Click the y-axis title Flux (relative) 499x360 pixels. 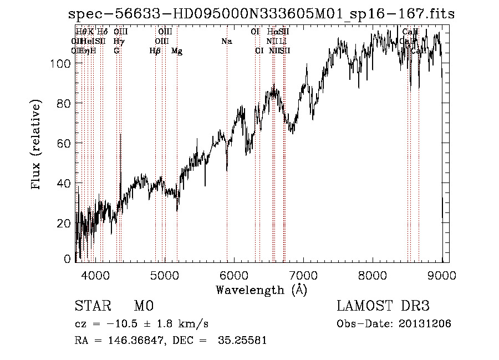click(x=37, y=145)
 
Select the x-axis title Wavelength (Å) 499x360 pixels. click(x=261, y=290)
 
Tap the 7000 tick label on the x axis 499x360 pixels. click(x=303, y=274)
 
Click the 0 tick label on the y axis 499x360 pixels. click(x=67, y=258)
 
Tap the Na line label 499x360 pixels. click(x=226, y=42)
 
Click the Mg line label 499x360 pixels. click(x=177, y=51)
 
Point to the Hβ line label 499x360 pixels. click(x=155, y=51)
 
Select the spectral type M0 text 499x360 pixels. click(x=143, y=307)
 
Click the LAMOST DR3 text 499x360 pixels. click(x=383, y=307)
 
